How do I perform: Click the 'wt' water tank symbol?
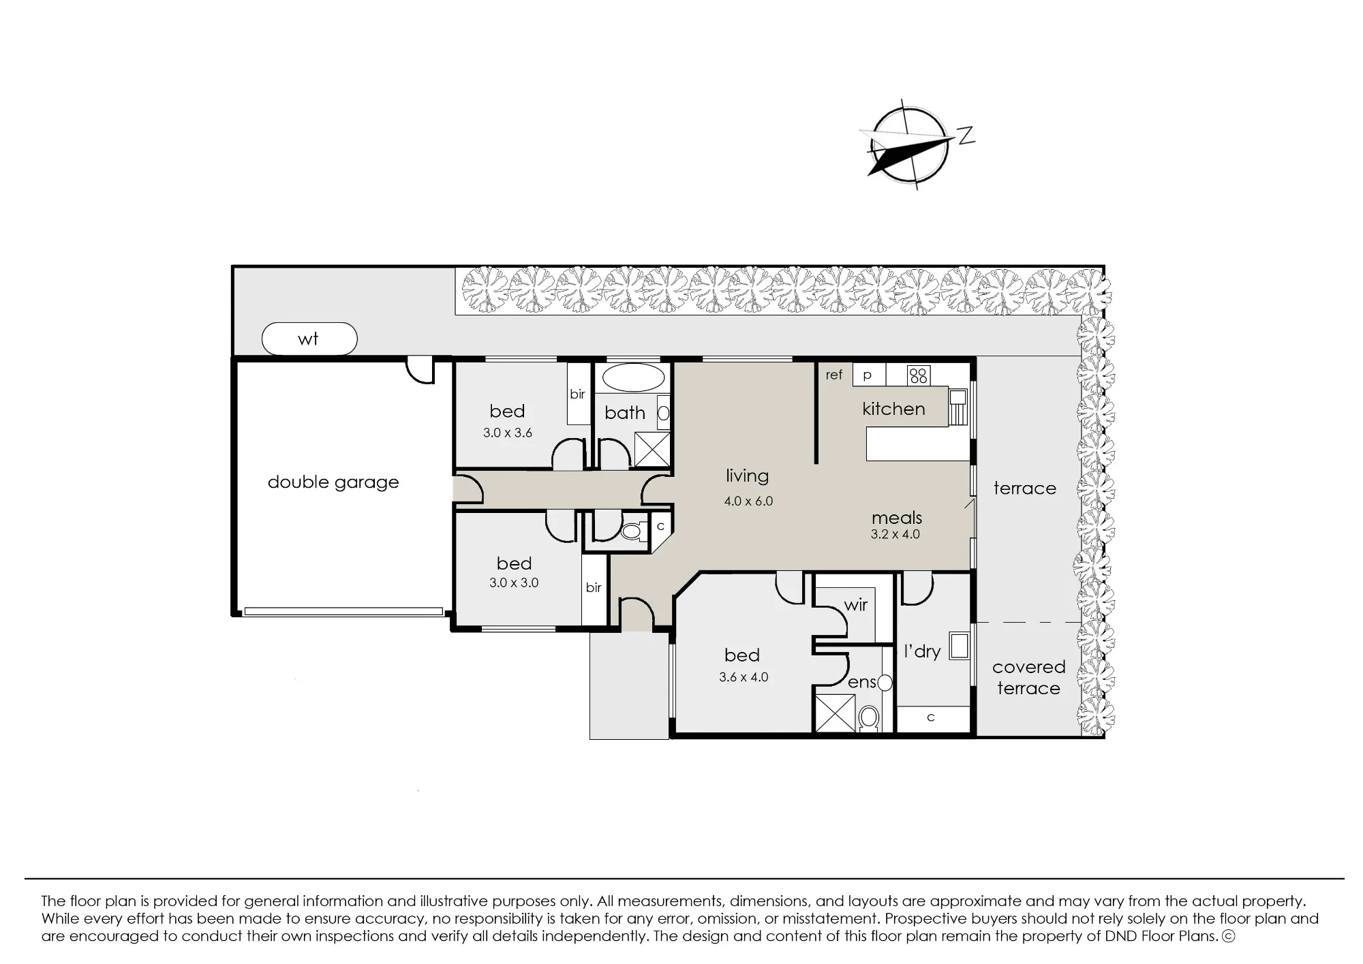[309, 339]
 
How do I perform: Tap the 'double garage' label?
[333, 482]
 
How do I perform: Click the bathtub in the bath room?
[633, 377]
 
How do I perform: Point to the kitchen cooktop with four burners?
[919, 375]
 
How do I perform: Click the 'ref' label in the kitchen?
[834, 375]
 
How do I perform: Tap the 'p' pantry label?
[868, 375]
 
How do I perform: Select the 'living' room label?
[747, 476]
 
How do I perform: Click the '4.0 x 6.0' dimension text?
[748, 501]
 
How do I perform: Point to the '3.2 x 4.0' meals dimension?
[895, 535]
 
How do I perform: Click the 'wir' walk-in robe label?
[856, 605]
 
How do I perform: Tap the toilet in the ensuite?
[868, 717]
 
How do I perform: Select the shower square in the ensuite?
[835, 713]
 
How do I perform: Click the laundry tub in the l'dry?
[959, 646]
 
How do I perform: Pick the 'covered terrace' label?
[1028, 678]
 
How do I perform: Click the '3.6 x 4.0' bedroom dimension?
[744, 678]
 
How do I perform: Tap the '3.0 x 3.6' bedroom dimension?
[508, 433]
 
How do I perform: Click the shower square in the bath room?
[652, 449]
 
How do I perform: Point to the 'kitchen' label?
[893, 409]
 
